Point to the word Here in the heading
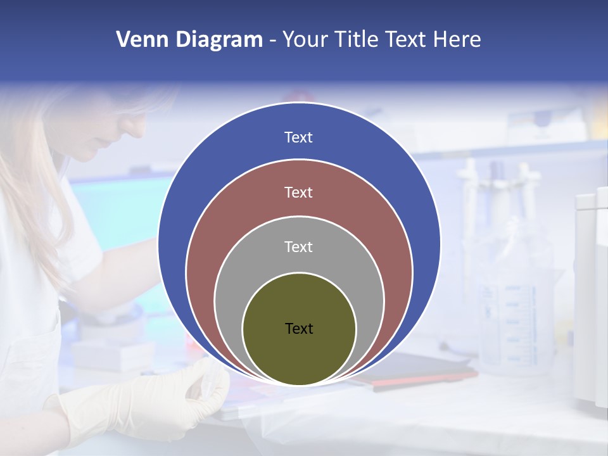(457, 40)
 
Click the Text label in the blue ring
(298, 137)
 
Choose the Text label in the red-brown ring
(298, 192)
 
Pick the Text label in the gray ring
(298, 246)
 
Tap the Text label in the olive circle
(299, 328)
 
